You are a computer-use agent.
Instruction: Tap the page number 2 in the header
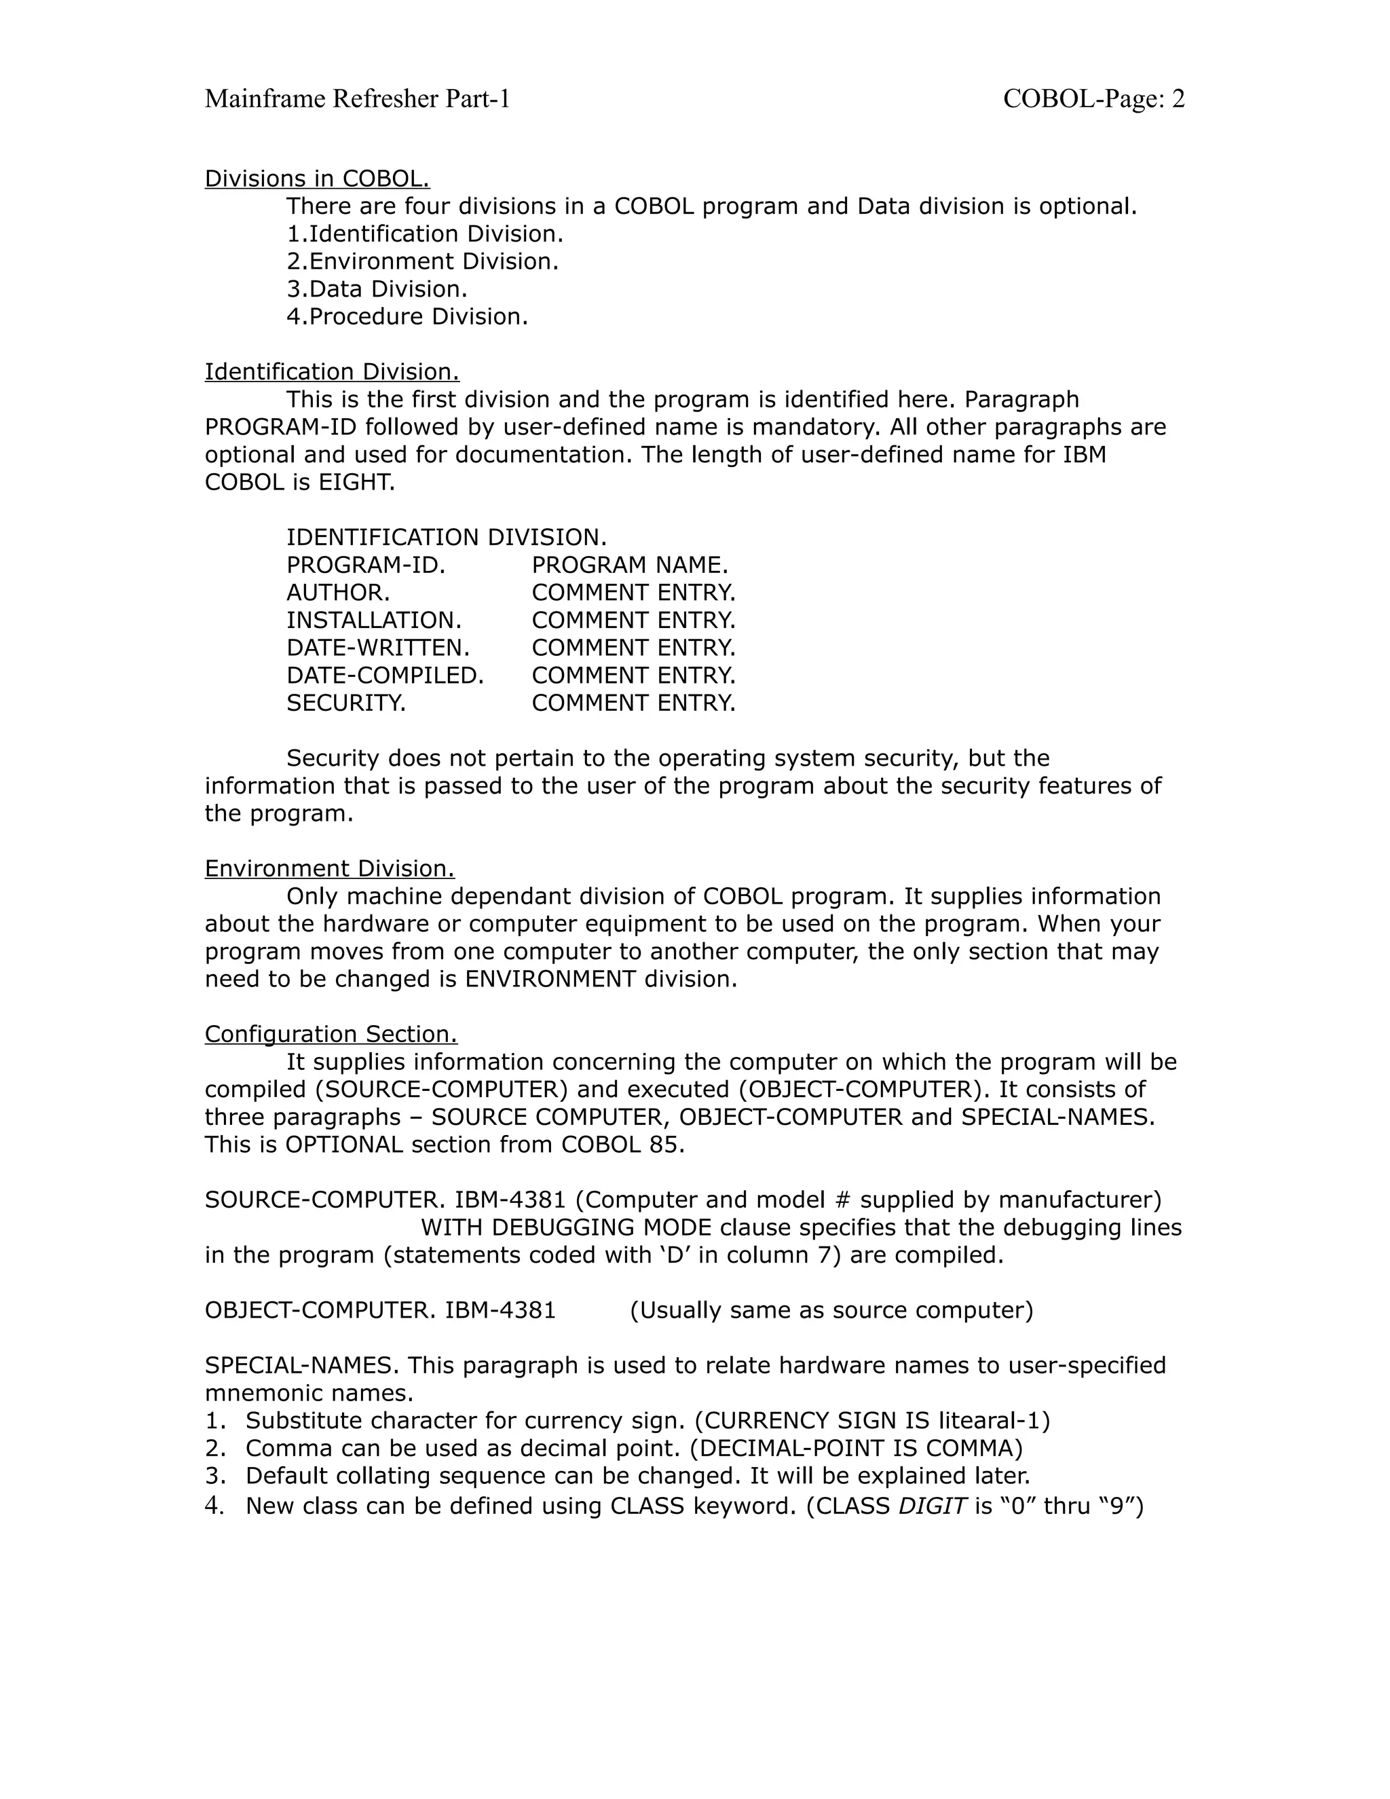pyautogui.click(x=1178, y=99)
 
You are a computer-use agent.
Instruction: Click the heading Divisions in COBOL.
pyautogui.click(x=317, y=179)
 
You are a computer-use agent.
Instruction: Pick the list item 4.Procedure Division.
pyautogui.click(x=407, y=316)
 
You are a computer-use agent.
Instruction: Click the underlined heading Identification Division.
pyautogui.click(x=332, y=372)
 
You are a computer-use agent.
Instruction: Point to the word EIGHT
pyautogui.click(x=356, y=483)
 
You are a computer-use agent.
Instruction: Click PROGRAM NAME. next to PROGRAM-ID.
pyautogui.click(x=630, y=565)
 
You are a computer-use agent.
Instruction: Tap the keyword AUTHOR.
pyautogui.click(x=337, y=593)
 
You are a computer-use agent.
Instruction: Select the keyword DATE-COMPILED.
pyautogui.click(x=385, y=675)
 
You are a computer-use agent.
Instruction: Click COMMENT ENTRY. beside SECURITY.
pyautogui.click(x=633, y=703)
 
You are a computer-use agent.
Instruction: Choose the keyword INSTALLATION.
pyautogui.click(x=374, y=620)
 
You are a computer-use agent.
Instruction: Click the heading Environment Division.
pyautogui.click(x=329, y=869)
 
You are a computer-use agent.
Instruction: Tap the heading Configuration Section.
pyautogui.click(x=331, y=1035)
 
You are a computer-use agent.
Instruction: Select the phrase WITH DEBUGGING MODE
pyautogui.click(x=566, y=1228)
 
